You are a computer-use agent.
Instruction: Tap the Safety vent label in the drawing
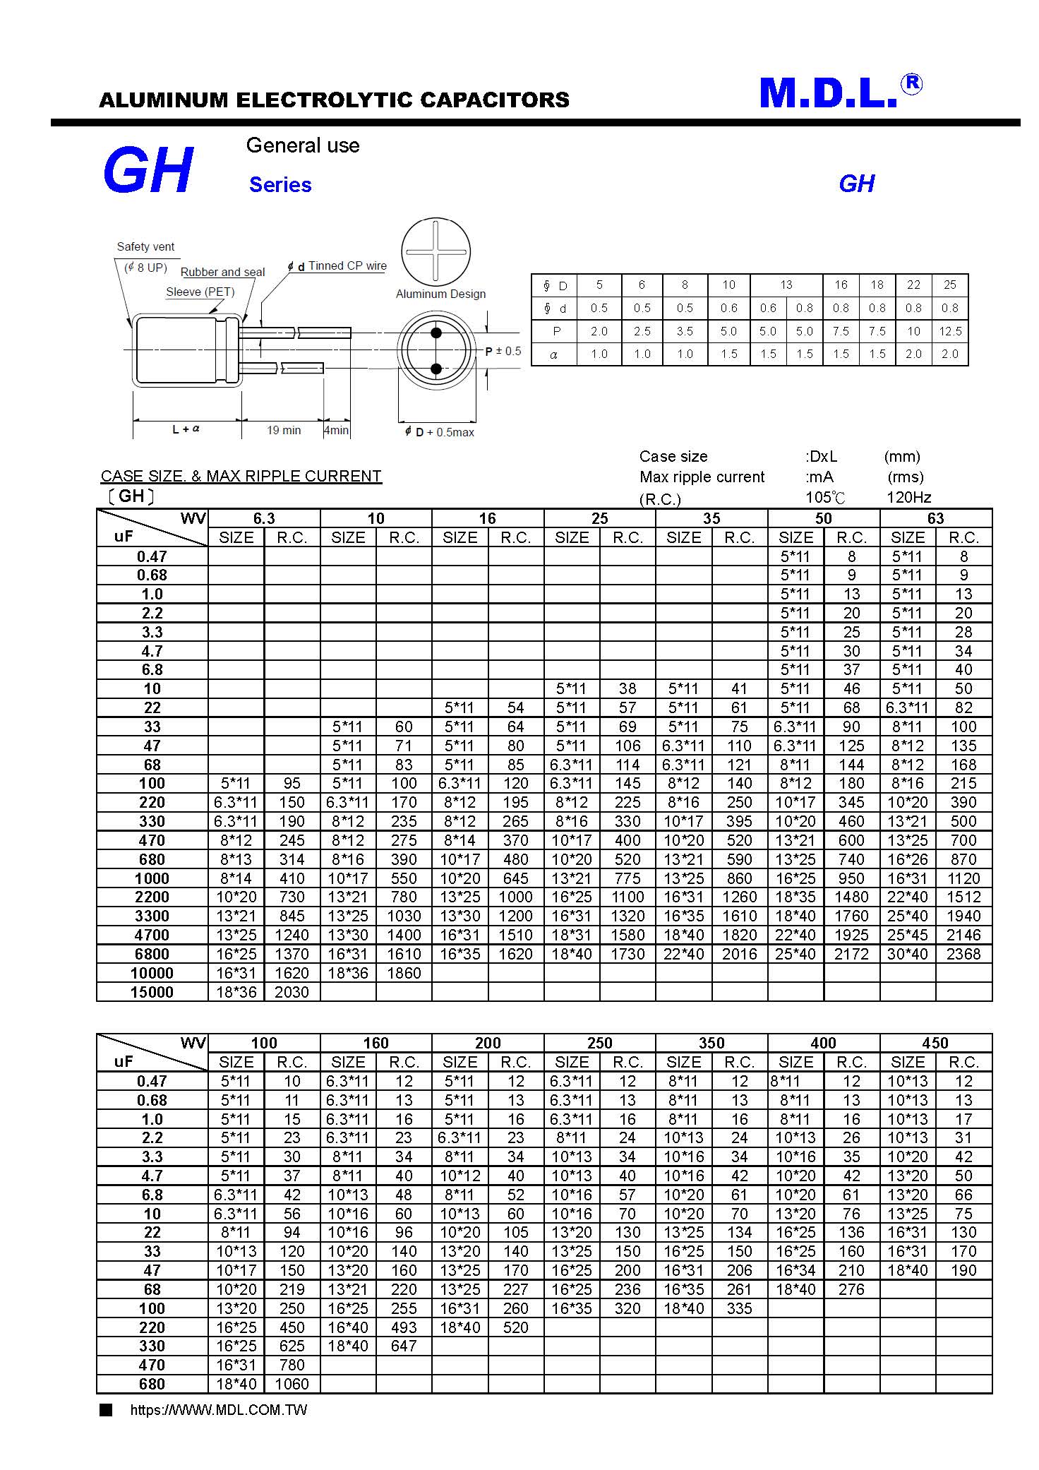pos(145,246)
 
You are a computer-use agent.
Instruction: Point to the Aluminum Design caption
pos(440,294)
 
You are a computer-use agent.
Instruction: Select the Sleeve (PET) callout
pos(200,292)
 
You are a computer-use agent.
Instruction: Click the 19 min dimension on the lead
pos(284,430)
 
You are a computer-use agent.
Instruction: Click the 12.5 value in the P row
pos(950,331)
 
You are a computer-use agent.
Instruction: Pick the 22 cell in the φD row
pos(913,285)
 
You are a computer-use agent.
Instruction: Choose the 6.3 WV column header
pos(264,518)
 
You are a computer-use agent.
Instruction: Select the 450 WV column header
pos(935,1043)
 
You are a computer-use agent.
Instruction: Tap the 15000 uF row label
pos(152,992)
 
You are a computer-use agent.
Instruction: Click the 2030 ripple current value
pos(292,992)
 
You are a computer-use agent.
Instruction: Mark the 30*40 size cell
pos(907,954)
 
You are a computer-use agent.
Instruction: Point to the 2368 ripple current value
pos(963,954)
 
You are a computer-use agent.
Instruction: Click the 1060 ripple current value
pos(292,1384)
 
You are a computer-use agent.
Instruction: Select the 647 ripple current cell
pos(404,1346)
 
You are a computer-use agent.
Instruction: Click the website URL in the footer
pos(219,1410)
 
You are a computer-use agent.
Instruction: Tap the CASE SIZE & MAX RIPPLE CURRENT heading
pos(241,476)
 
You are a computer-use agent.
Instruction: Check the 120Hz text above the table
pos(908,497)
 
